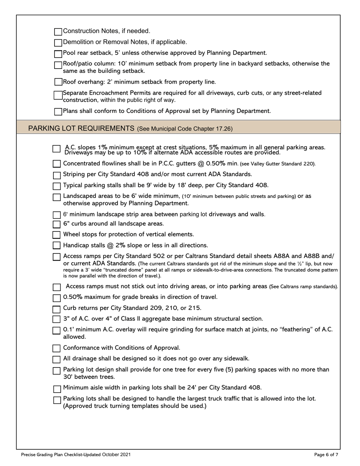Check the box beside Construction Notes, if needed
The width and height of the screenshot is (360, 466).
pyautogui.click(x=58, y=31)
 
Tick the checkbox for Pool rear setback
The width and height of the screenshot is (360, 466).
pyautogui.click(x=58, y=54)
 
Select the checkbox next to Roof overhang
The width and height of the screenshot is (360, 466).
pyautogui.click(x=58, y=82)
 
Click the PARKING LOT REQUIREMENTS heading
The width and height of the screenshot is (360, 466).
pyautogui.click(x=81, y=128)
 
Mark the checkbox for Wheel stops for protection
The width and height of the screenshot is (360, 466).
pyautogui.click(x=56, y=235)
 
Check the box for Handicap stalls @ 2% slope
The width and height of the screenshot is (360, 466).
pyautogui.click(x=56, y=246)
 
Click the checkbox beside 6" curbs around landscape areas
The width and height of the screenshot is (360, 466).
pyautogui.click(x=56, y=224)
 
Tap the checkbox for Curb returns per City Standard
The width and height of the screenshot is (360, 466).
pyautogui.click(x=56, y=309)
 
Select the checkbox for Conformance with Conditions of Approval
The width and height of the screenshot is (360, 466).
pyautogui.click(x=56, y=348)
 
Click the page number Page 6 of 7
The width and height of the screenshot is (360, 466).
pyautogui.click(x=326, y=455)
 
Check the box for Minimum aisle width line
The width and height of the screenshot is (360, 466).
pyautogui.click(x=57, y=389)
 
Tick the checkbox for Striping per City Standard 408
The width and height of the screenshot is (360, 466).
pyautogui.click(x=56, y=175)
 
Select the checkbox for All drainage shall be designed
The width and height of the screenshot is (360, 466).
pyautogui.click(x=56, y=359)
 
